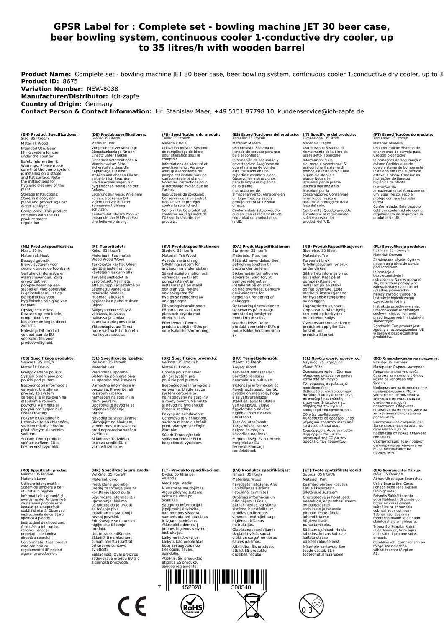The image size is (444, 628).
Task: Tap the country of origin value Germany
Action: pyautogui.click(x=99, y=104)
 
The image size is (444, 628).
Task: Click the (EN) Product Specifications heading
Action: pyautogui.click(x=49, y=134)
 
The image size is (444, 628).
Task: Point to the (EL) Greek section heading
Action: pyautogui.click(x=331, y=358)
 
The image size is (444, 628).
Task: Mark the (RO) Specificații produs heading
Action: pyautogui.click(x=44, y=470)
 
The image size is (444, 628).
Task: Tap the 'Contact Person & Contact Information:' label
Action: pyautogui.click(x=86, y=111)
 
